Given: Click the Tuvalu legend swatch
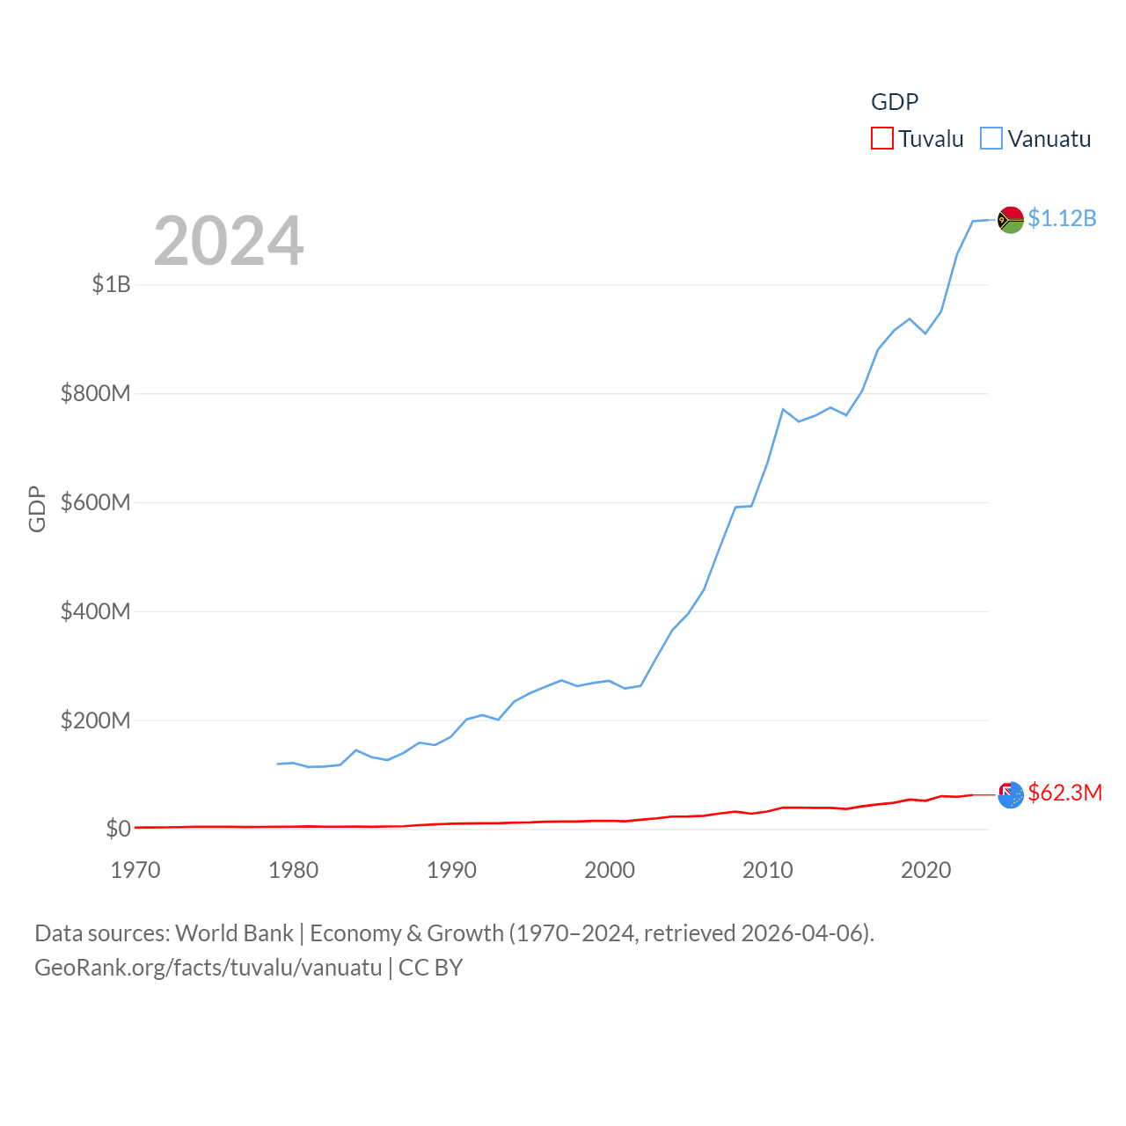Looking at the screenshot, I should pos(881,139).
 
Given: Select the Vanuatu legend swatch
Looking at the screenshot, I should pos(991,139).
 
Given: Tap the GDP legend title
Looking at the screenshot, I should pos(895,102).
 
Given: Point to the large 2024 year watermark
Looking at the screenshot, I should pos(229,241).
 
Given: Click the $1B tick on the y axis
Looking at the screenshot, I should pos(112,284).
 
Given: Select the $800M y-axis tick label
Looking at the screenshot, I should pos(95,393).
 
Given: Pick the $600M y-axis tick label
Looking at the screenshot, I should pos(95,502).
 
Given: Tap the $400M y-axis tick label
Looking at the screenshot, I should pos(95,611).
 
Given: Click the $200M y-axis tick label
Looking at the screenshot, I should pos(95,720).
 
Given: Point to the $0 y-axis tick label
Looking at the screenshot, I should pos(118,829).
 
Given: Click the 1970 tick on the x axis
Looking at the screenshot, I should pos(135,870).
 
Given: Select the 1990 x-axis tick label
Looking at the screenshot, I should pos(451,870).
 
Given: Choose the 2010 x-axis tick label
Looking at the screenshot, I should pos(768,870).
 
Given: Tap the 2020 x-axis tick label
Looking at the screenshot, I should pos(925,870).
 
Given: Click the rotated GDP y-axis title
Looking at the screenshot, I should pos(37,508).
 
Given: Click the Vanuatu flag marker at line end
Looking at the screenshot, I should pos(1011,220).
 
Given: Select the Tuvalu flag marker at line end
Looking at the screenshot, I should pos(1011,794).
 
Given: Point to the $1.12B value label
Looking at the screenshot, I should pos(1062,218).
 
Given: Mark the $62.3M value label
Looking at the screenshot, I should pos(1064,793).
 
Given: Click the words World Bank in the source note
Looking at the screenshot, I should pos(234,933).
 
